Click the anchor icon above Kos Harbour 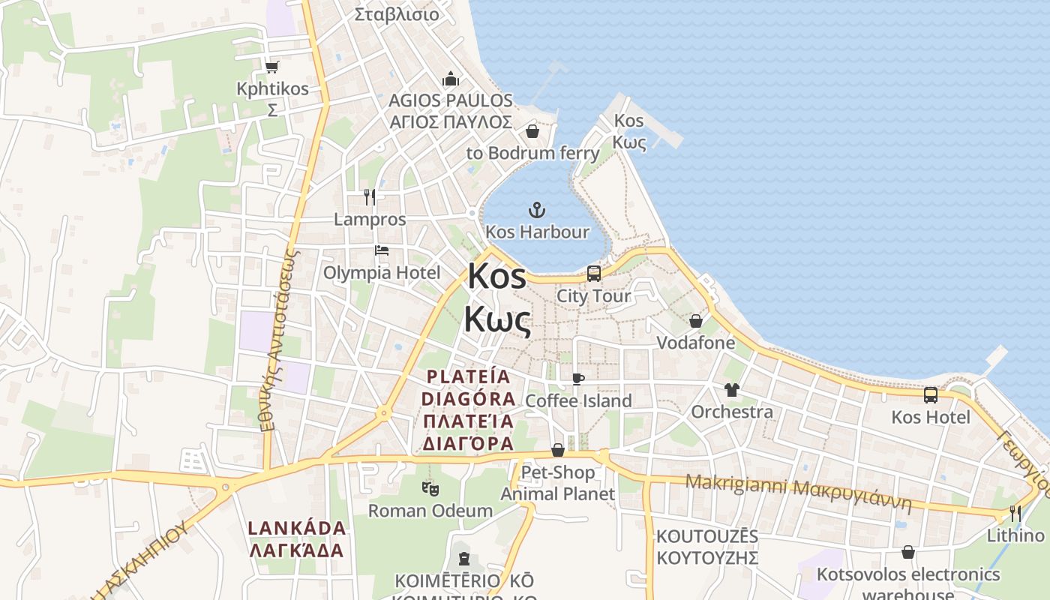coord(537,210)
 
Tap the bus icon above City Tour coord(594,274)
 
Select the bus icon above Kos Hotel coord(931,395)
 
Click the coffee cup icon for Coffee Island coord(577,379)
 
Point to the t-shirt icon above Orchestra coord(732,390)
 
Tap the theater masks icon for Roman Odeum coord(430,489)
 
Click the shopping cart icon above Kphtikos coord(272,67)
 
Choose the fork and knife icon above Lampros coord(369,197)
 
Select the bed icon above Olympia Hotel coord(382,250)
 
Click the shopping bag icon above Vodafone coord(696,321)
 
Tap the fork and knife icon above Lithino coord(1015,514)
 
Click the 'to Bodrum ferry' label coord(533,153)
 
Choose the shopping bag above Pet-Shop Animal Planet coord(558,450)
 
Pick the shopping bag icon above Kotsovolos coord(908,553)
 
